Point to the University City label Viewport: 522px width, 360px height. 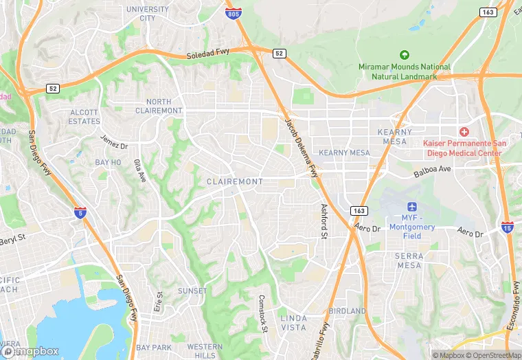tap(148, 14)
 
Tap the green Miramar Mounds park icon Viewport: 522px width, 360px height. tap(404, 55)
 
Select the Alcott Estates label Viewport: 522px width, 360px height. tap(84, 117)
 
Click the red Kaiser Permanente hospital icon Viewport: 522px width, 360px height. tap(464, 131)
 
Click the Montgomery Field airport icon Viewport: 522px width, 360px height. tap(412, 207)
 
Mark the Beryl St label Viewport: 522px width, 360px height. tap(12, 240)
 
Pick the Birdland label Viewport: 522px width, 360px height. tap(347, 311)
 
